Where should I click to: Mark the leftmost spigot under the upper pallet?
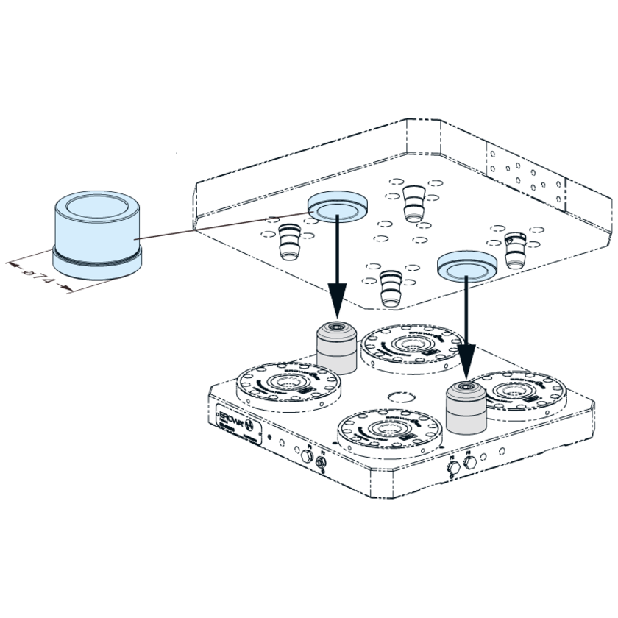pos(289,241)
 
